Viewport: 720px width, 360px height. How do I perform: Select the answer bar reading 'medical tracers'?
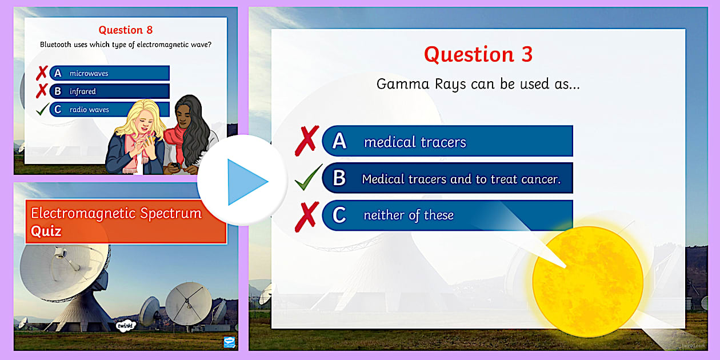click(x=447, y=141)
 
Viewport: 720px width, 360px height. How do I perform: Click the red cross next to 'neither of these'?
click(x=307, y=216)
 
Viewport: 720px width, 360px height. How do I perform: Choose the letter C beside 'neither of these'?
click(x=339, y=215)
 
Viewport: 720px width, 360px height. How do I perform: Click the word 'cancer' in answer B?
click(x=538, y=179)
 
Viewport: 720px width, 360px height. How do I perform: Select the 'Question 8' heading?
click(x=126, y=30)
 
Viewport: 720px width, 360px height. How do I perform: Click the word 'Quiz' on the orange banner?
click(x=46, y=231)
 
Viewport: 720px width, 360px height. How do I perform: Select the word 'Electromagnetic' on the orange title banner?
click(x=84, y=214)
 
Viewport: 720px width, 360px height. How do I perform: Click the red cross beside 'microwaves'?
click(x=42, y=73)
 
